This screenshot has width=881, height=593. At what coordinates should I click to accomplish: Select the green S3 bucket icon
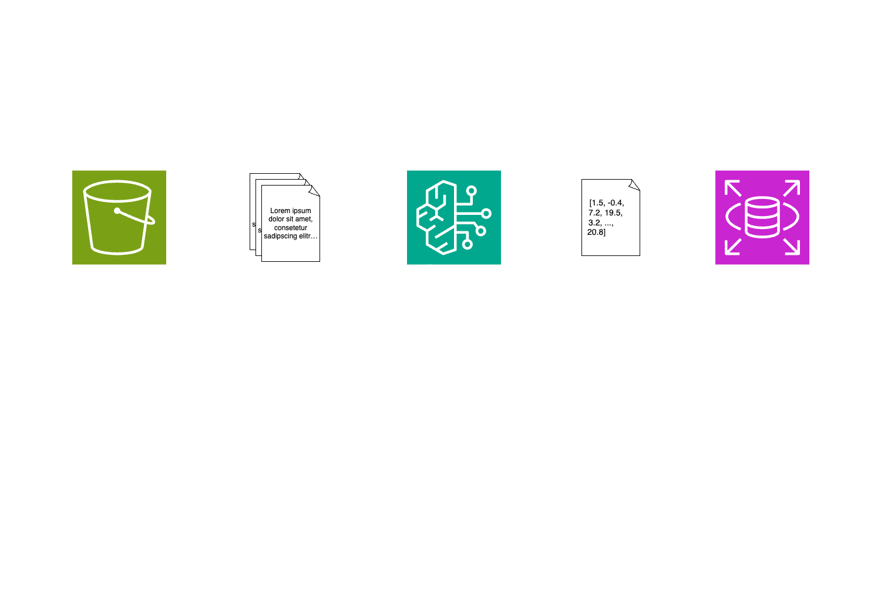tap(119, 217)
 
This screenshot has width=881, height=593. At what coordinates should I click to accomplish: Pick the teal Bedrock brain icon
tap(453, 217)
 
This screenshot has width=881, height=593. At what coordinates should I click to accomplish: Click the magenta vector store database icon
tap(762, 217)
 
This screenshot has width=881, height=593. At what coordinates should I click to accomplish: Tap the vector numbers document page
tap(610, 218)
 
